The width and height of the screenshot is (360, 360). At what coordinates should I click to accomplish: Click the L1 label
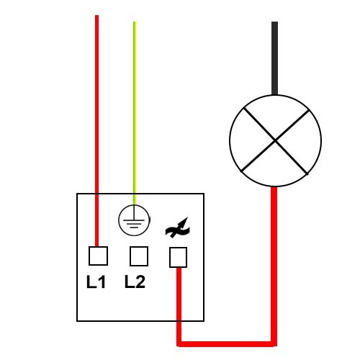(96, 282)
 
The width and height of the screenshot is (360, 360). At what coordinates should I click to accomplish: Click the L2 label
(135, 282)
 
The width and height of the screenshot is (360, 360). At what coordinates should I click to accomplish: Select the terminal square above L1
(98, 256)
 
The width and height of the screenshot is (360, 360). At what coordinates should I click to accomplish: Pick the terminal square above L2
(139, 256)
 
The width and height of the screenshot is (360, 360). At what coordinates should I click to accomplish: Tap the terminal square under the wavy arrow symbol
(178, 257)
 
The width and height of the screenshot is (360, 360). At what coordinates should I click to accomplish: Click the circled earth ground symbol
(134, 220)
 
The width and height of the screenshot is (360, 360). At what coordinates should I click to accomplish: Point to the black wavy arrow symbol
(178, 228)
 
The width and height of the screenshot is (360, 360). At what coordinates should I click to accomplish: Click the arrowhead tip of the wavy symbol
(187, 217)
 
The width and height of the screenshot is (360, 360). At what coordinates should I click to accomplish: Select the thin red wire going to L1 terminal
(96, 131)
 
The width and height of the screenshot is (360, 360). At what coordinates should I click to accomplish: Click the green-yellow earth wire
(135, 113)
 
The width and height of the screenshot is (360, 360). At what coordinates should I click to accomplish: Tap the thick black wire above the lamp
(275, 58)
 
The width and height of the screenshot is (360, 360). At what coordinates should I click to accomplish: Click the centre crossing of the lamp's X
(275, 141)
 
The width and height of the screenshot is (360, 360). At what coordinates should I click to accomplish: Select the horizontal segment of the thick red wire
(227, 343)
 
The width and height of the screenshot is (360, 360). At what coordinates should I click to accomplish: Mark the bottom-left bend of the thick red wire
(179, 343)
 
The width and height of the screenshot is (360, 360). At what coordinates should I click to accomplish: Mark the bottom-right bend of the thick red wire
(274, 343)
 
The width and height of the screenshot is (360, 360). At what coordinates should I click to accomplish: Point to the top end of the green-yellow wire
(135, 22)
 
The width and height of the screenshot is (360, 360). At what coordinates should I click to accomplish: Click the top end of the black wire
(275, 22)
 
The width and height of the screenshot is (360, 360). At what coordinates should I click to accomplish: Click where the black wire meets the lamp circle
(275, 95)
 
